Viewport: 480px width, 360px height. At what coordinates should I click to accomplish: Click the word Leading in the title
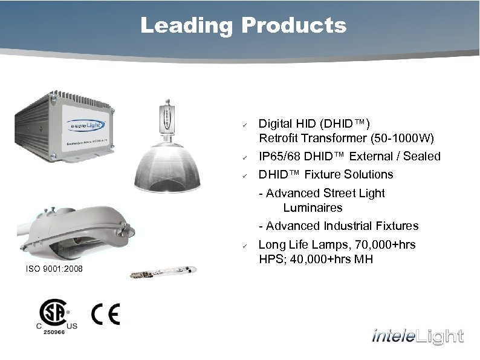point(186,26)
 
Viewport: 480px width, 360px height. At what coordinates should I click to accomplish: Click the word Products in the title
point(293,26)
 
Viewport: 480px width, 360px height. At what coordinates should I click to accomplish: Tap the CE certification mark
point(106,314)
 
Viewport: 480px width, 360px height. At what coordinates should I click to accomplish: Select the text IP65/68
point(279,157)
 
